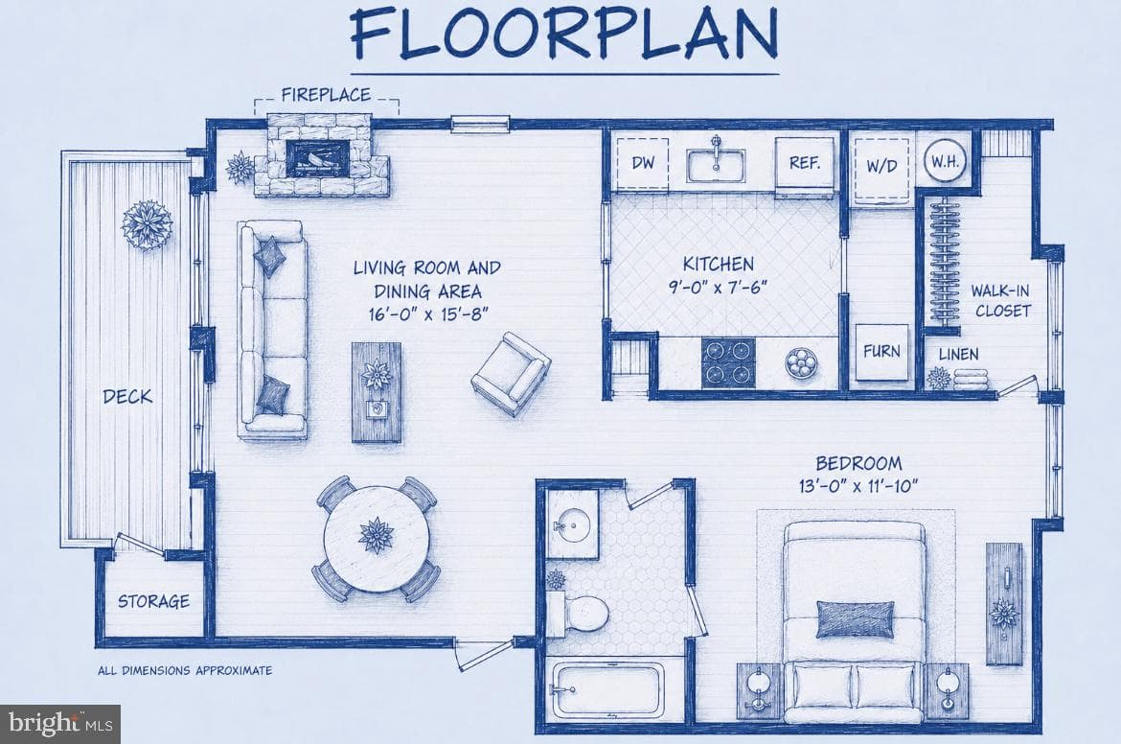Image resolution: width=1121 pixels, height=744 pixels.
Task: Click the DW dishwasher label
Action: [x=643, y=162]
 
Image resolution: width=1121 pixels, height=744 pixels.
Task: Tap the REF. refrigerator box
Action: [x=805, y=166]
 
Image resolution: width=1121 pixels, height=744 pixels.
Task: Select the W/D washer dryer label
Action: [x=881, y=166]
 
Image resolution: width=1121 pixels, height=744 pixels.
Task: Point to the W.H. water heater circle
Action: [x=945, y=161]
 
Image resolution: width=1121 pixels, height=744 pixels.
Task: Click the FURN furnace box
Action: [x=882, y=352]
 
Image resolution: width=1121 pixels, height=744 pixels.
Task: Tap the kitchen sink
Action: [x=716, y=165]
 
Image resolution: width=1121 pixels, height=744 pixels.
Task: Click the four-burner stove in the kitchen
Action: [x=728, y=362]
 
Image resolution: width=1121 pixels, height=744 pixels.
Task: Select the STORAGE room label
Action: [x=153, y=601]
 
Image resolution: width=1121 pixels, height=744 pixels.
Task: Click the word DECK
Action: [x=127, y=396]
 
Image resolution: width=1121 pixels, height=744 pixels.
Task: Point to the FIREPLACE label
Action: [x=326, y=94]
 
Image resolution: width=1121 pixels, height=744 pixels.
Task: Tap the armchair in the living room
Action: [x=511, y=373]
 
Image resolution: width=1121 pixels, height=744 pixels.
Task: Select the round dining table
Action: [x=377, y=540]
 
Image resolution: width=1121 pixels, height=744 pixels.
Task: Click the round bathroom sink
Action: [x=573, y=525]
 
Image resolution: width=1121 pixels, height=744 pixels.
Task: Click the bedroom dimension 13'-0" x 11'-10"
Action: [x=858, y=486]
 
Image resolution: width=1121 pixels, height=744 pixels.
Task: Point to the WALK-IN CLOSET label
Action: [x=1001, y=300]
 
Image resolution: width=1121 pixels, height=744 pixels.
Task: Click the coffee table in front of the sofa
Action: [x=377, y=393]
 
